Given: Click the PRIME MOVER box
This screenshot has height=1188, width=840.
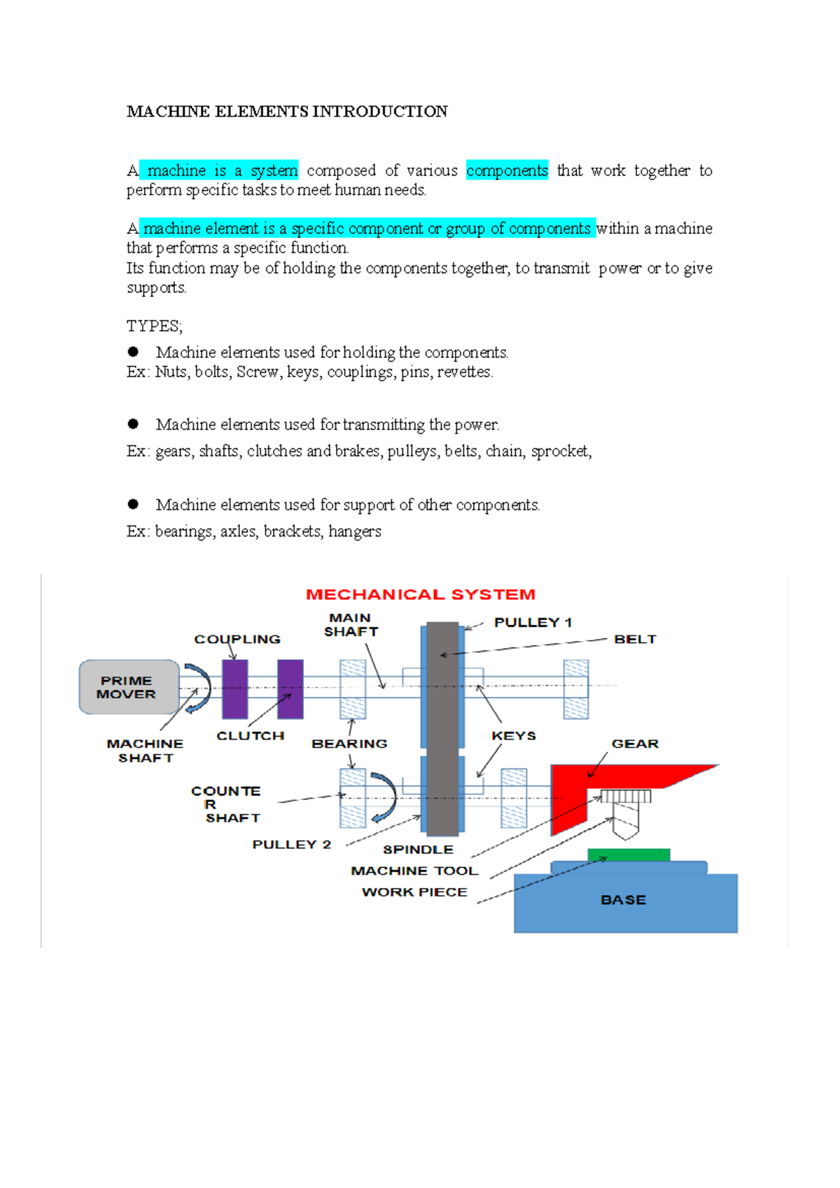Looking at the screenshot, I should click(x=128, y=687).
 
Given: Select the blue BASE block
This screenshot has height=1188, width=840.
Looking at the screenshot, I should click(x=625, y=903).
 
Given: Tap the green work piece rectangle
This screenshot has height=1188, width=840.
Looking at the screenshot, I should click(x=628, y=855).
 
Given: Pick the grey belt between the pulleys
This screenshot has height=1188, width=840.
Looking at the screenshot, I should click(x=442, y=728).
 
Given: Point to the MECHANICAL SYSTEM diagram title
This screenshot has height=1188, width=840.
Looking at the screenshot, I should click(x=420, y=595).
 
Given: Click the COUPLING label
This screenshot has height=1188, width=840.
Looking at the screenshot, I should click(x=237, y=640).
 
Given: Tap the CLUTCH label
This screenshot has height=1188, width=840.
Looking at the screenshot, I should click(x=250, y=736).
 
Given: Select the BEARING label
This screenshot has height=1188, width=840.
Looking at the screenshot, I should click(x=349, y=744).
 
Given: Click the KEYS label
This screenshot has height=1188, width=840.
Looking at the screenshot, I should click(x=514, y=736).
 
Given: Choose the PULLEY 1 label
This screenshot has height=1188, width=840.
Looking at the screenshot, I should click(x=533, y=623).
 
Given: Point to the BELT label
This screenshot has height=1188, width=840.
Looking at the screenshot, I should click(x=635, y=640).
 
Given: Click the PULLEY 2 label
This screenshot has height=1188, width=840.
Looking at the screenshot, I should click(x=291, y=845).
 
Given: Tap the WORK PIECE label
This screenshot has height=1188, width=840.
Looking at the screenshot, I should click(x=414, y=892).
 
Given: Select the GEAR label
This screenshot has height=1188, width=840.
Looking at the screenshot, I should click(x=635, y=744).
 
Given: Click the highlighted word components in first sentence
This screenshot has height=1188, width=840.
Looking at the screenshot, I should click(x=507, y=171).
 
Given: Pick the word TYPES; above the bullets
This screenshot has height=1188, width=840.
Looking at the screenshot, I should click(x=154, y=326).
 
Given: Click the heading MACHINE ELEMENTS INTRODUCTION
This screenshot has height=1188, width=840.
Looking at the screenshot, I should click(x=287, y=112).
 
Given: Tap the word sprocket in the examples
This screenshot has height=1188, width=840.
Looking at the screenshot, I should click(x=560, y=452).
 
